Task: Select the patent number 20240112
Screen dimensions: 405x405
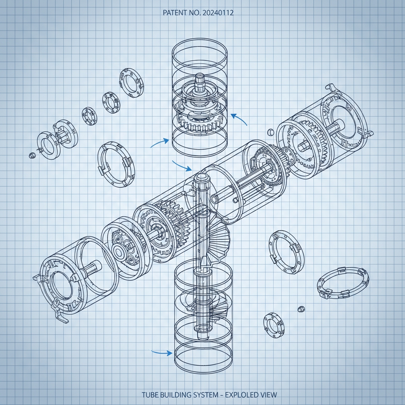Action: click(x=218, y=13)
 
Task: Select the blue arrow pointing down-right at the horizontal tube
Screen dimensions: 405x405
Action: click(x=182, y=166)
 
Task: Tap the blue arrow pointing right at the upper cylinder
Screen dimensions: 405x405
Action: click(x=160, y=143)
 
